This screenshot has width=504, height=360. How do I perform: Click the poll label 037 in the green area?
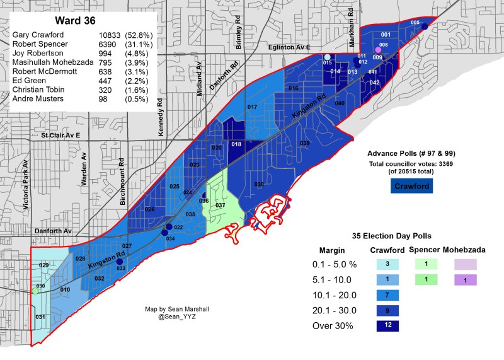point(220,206)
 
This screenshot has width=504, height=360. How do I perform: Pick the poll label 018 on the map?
point(236,144)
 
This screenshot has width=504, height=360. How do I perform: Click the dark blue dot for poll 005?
point(425,26)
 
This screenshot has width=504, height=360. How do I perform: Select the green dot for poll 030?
point(35,291)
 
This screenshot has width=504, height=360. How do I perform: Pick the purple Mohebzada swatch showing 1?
point(464,280)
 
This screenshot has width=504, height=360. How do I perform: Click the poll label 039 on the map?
point(304,144)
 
